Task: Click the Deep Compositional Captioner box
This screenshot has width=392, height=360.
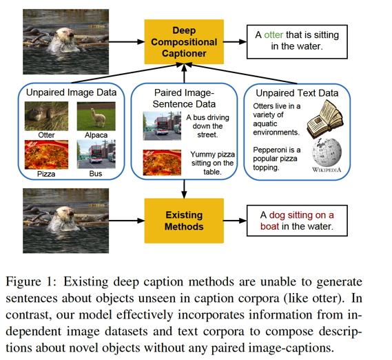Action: pyautogui.click(x=184, y=42)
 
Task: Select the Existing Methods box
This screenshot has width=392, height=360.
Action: pyautogui.click(x=184, y=221)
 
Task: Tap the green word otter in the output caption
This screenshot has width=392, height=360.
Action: pyautogui.click(x=274, y=34)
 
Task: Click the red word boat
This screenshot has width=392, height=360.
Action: pyautogui.click(x=269, y=226)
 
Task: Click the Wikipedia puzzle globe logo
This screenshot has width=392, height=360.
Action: pyautogui.click(x=327, y=152)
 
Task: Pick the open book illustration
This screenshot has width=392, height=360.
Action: pyautogui.click(x=325, y=119)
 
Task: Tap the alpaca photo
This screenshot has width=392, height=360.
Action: pyautogui.click(x=96, y=116)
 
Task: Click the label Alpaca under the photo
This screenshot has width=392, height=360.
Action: pyautogui.click(x=96, y=135)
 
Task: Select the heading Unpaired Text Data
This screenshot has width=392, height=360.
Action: pyautogui.click(x=297, y=93)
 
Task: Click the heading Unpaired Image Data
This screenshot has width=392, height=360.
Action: pyautogui.click(x=71, y=92)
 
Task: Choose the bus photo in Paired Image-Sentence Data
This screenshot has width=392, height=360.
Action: pyautogui.click(x=162, y=126)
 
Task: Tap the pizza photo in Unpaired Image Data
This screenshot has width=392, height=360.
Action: pyautogui.click(x=46, y=154)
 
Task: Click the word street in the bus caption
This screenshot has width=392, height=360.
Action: pyautogui.click(x=207, y=134)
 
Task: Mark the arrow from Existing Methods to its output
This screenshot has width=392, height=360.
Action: pyautogui.click(x=234, y=221)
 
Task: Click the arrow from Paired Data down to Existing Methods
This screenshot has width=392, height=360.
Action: pyautogui.click(x=184, y=189)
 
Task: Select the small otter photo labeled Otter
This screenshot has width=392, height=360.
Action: pyautogui.click(x=46, y=116)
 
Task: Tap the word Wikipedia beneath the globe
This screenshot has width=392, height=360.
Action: pyautogui.click(x=327, y=170)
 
